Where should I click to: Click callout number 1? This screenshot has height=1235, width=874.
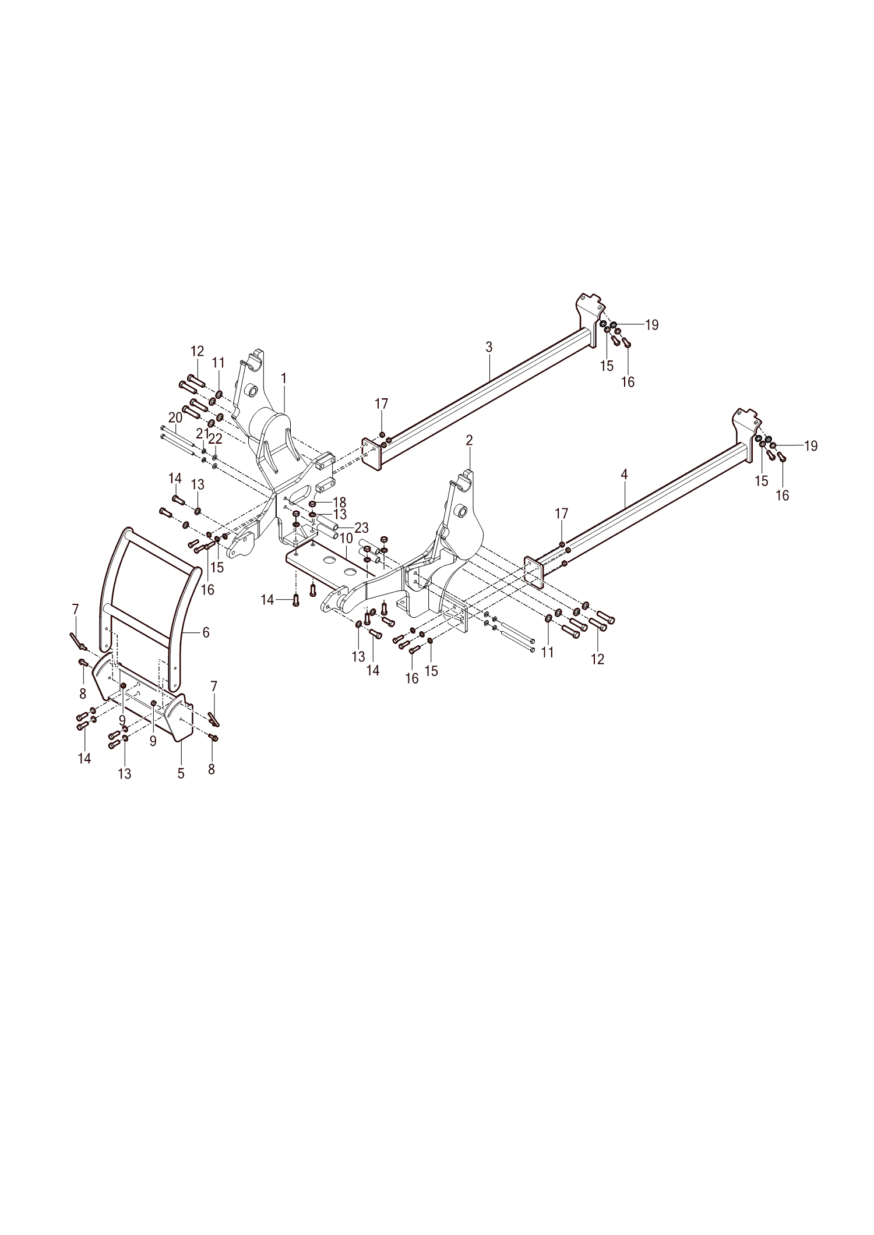tap(284, 378)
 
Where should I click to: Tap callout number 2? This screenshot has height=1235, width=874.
tap(469, 441)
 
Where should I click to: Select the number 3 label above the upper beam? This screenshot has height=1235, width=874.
tap(489, 347)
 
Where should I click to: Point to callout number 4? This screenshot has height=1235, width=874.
tap(624, 474)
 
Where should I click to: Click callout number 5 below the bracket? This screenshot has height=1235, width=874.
tap(181, 773)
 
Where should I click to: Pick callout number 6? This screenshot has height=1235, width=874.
tap(206, 632)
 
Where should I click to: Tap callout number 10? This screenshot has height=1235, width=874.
tap(346, 538)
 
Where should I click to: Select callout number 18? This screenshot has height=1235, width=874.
tap(339, 502)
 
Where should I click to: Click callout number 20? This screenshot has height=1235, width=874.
tap(175, 417)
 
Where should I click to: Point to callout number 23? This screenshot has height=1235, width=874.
tap(361, 528)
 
